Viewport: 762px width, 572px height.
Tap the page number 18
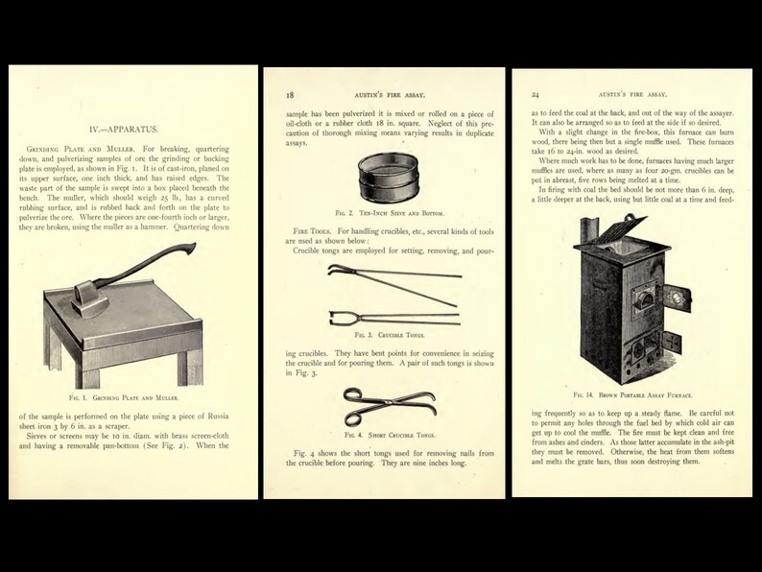290,95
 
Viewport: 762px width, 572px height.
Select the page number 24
535,95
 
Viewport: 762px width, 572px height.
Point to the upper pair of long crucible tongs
383,278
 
